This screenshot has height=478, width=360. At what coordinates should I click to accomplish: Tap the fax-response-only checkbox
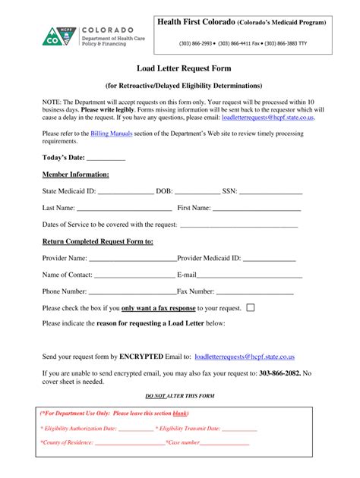point(251,307)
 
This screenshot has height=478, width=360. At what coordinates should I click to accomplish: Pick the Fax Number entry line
point(256,291)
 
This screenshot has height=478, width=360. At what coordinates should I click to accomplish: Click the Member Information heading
point(76,175)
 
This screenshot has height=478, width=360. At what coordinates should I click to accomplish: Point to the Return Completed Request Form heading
point(98,241)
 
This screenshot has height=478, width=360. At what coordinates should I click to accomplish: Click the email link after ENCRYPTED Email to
point(245,356)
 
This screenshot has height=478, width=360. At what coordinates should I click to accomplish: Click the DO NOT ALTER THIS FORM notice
point(179,396)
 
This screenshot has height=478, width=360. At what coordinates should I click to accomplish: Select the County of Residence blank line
point(127,442)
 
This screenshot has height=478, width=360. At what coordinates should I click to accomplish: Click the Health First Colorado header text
point(242,23)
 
